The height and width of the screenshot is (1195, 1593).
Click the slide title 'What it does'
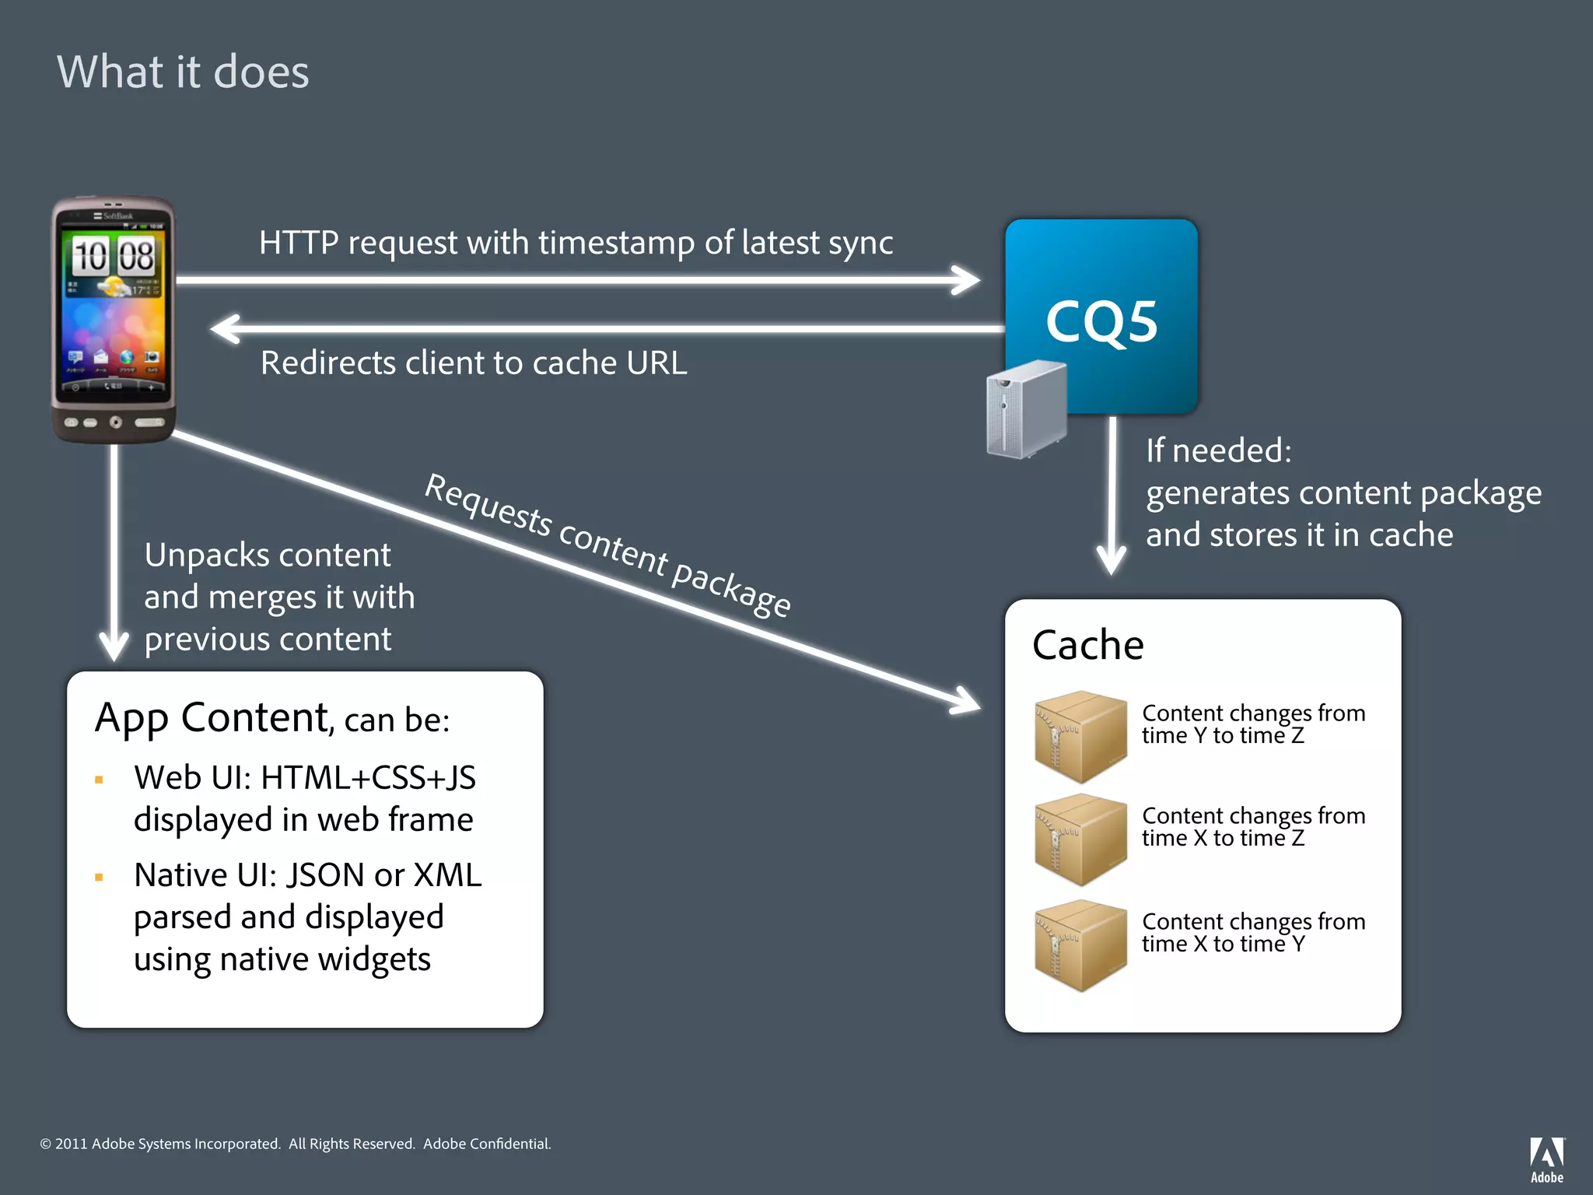click(x=183, y=72)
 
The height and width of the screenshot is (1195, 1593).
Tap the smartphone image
click(x=114, y=320)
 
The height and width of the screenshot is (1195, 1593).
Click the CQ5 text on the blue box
click(x=1101, y=322)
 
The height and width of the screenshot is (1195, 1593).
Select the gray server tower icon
click(x=1026, y=408)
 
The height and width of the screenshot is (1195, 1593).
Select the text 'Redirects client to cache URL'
click(x=474, y=363)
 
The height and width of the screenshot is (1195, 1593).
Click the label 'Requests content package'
click(x=608, y=545)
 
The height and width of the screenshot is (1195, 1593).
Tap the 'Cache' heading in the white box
click(x=1088, y=645)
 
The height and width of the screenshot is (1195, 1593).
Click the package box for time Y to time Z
click(x=1080, y=736)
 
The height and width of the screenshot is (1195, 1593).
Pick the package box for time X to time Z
click(x=1080, y=839)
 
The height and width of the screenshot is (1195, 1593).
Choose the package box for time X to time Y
click(x=1080, y=944)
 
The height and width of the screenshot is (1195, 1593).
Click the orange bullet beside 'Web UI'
click(x=99, y=780)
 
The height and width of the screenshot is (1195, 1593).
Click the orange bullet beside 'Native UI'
click(x=99, y=878)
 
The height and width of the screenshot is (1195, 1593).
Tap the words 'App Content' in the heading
click(x=212, y=717)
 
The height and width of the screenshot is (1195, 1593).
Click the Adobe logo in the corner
click(x=1546, y=1159)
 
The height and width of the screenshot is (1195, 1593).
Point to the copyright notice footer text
click(x=296, y=1144)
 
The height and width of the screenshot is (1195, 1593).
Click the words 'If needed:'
click(x=1218, y=450)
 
